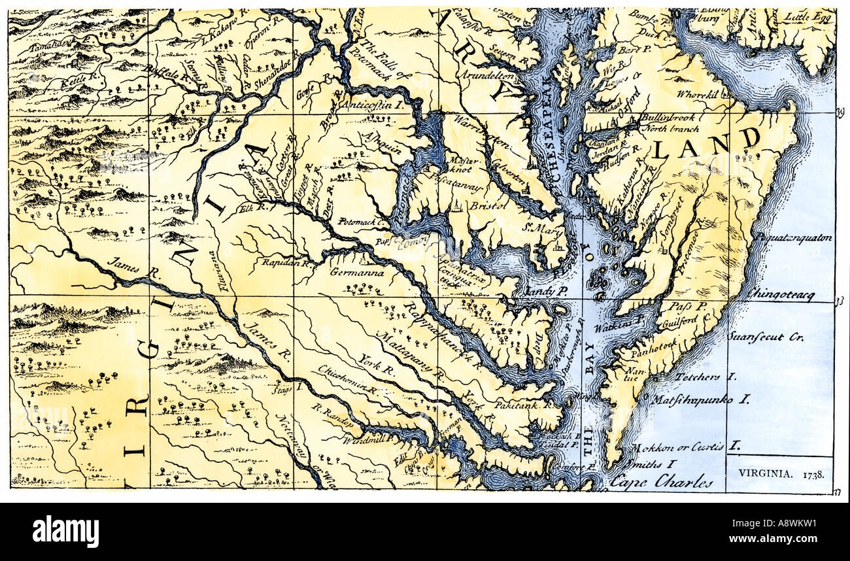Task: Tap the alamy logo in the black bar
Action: coord(65,531)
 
